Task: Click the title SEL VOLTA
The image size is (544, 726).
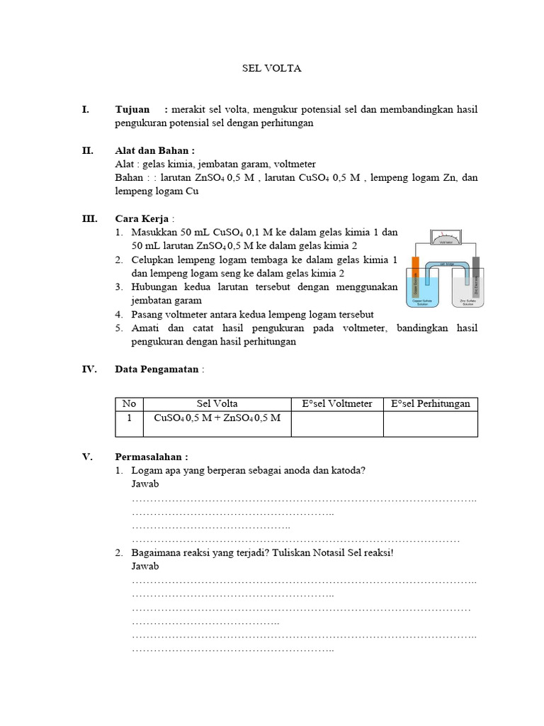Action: point(272,68)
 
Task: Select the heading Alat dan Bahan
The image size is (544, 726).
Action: point(154,150)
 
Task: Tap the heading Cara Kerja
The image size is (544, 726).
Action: point(142,218)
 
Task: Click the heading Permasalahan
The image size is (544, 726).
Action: point(151,457)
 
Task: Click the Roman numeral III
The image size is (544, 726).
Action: point(89,218)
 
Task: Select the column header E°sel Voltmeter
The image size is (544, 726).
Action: point(336,403)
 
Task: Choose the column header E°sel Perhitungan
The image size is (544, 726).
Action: point(430,403)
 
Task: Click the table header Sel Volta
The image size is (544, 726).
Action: point(217,403)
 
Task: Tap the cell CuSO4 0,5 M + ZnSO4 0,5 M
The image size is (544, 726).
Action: point(217,418)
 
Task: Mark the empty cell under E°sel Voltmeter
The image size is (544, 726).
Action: point(336,423)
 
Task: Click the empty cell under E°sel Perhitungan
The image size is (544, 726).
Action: point(430,423)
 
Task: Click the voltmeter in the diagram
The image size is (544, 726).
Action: point(445,238)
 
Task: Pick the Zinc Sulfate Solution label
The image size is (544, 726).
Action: point(467,303)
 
